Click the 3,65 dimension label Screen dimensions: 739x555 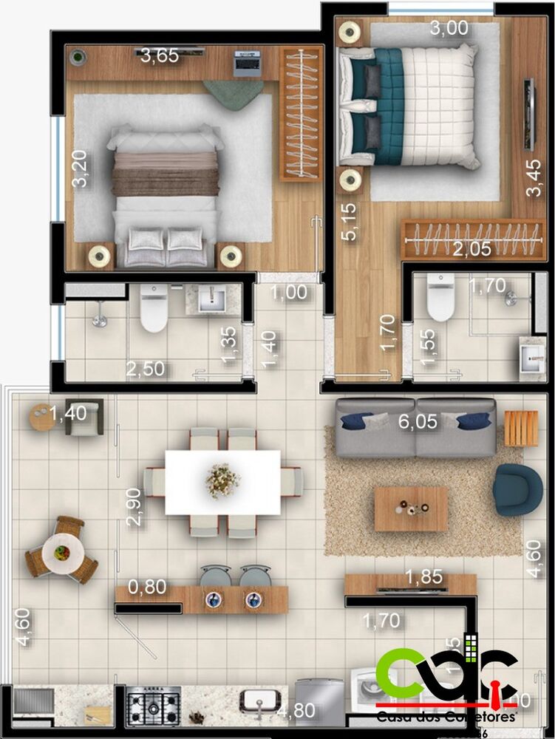point(160,55)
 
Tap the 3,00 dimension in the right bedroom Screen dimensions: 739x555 point(449,29)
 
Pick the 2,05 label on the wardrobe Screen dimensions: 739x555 point(471,249)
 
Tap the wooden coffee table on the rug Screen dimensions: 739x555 point(411,508)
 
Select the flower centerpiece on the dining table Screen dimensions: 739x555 point(222,480)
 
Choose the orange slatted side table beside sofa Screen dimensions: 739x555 point(521,428)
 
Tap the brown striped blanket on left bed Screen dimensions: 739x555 point(166,173)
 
